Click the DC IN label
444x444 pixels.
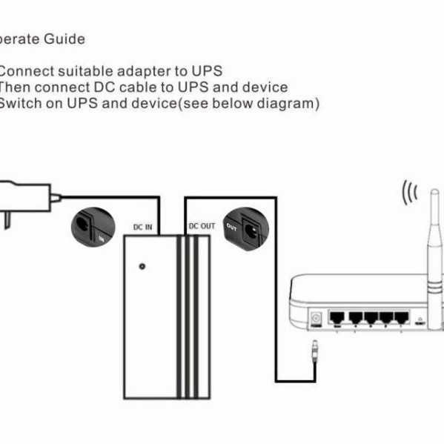(x=142, y=226)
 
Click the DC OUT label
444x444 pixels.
(x=201, y=225)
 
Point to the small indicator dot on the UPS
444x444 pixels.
(x=142, y=265)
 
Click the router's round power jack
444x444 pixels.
(x=317, y=319)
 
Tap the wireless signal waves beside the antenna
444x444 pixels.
(x=409, y=194)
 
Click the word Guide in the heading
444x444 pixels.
(x=67, y=39)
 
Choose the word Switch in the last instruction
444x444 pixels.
(x=20, y=103)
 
